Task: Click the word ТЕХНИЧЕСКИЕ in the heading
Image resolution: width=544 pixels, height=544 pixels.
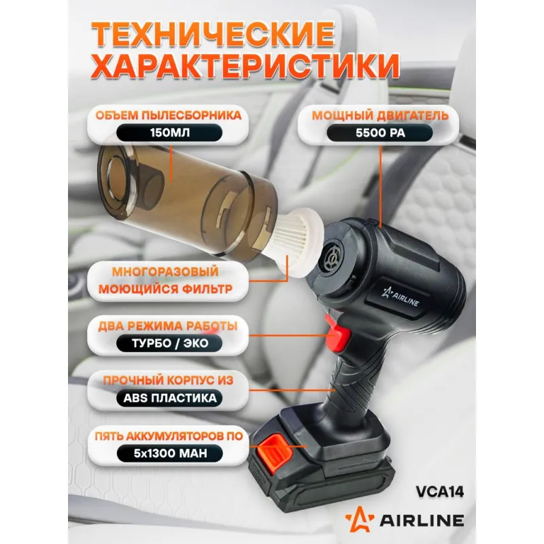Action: click(213, 35)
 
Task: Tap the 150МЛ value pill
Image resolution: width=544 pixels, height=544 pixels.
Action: click(169, 133)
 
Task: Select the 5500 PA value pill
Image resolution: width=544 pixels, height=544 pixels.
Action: click(380, 133)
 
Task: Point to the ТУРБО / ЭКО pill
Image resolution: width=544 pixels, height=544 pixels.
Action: click(169, 343)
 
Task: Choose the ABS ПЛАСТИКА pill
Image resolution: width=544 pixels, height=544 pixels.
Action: click(169, 398)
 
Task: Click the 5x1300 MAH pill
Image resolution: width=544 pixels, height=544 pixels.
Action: click(169, 453)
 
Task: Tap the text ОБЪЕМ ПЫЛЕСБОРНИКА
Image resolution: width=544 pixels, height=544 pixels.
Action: click(168, 115)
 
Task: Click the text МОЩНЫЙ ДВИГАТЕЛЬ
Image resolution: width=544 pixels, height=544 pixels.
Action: click(380, 115)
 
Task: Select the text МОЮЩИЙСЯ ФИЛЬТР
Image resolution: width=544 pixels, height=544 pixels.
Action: click(165, 289)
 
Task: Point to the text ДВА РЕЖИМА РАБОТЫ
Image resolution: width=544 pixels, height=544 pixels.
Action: click(167, 326)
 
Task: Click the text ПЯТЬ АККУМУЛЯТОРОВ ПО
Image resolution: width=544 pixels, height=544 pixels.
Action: click(169, 436)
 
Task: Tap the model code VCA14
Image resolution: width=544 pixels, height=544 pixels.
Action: click(439, 492)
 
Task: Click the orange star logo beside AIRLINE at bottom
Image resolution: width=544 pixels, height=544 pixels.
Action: click(360, 519)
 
